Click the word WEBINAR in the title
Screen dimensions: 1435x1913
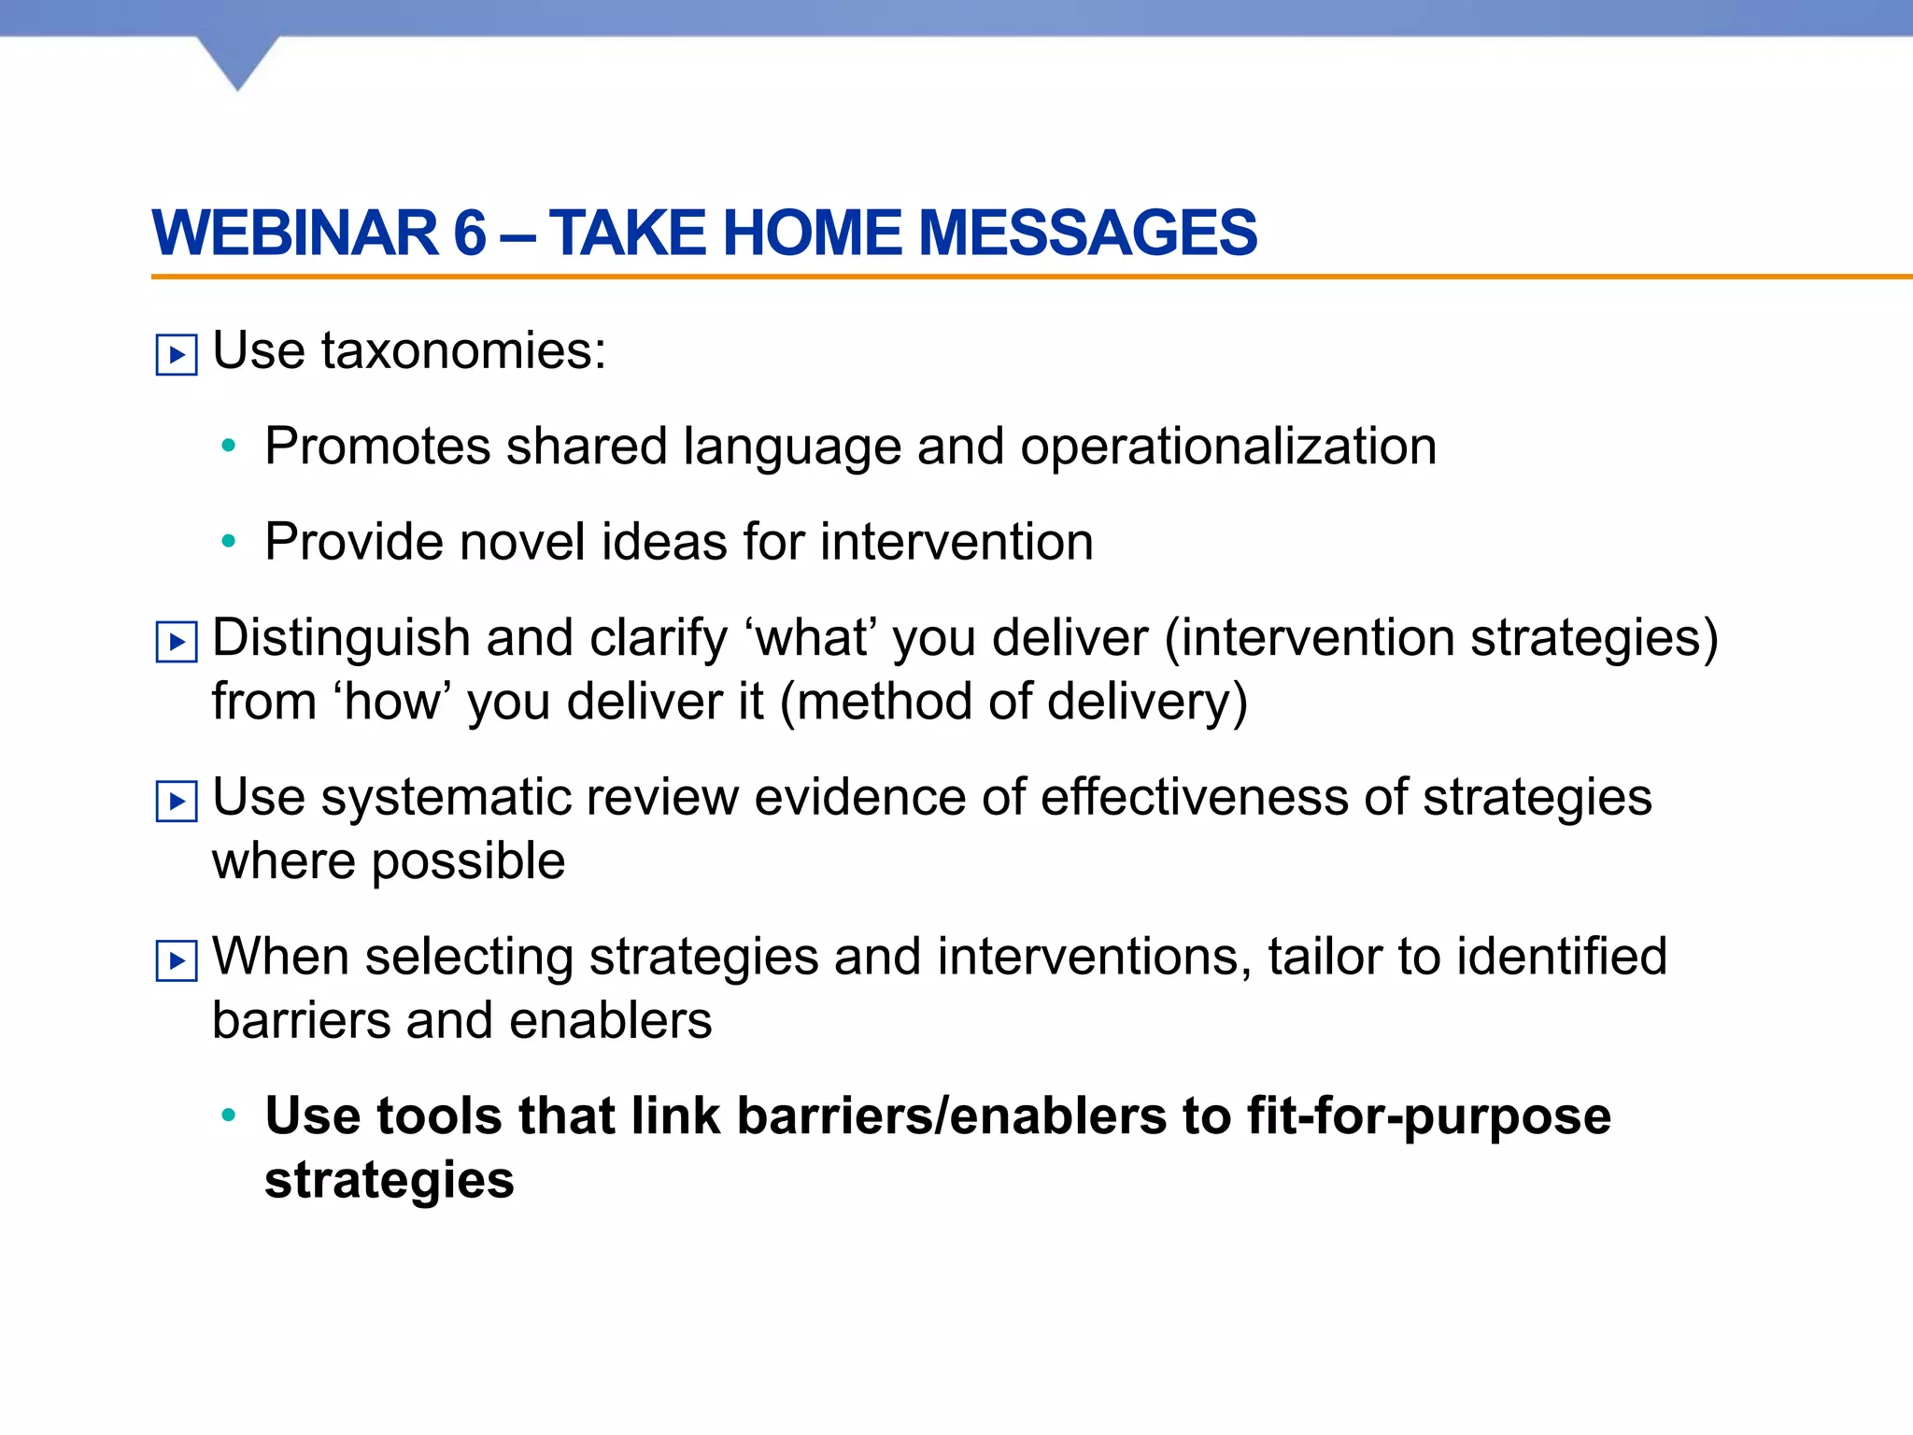pos(295,233)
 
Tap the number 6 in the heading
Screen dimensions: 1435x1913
pos(470,233)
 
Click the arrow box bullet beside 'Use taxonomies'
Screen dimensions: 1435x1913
pos(177,355)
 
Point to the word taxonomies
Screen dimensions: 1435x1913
pos(463,351)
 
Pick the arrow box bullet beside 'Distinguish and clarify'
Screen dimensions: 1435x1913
pos(177,642)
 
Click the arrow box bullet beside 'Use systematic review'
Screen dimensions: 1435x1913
pos(177,801)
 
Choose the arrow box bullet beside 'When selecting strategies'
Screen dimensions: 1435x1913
pos(177,960)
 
